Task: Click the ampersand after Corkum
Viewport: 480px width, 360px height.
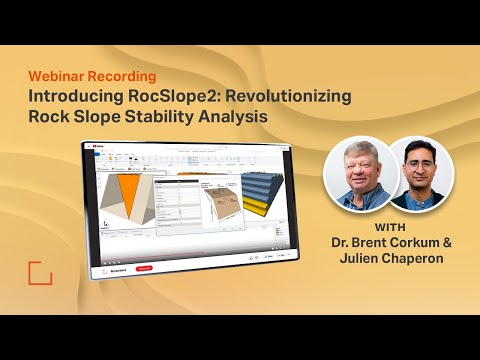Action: tap(443, 243)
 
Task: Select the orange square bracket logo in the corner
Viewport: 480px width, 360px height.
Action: tap(40, 274)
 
